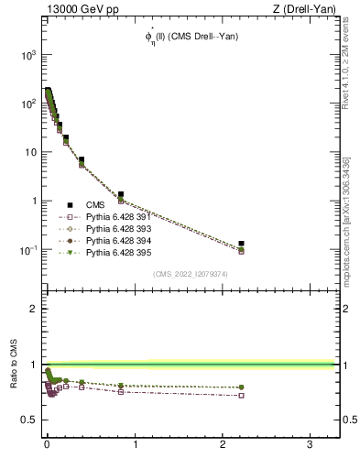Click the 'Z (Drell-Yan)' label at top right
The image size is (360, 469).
tap(303, 9)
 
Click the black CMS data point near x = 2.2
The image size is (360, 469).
tap(242, 244)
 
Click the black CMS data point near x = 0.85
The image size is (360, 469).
tap(121, 194)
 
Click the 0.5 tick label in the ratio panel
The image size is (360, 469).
tap(27, 420)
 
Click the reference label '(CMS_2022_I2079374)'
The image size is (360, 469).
tap(191, 273)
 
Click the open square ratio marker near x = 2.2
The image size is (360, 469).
tap(242, 396)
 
